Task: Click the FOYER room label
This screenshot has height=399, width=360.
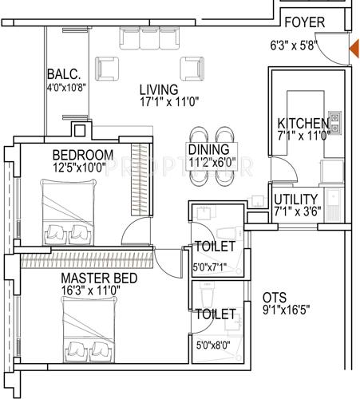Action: (304, 23)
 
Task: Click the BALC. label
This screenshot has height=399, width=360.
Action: (61, 73)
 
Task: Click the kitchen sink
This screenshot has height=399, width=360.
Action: (334, 124)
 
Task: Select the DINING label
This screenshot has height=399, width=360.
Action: (208, 149)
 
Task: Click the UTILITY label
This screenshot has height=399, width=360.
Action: (296, 199)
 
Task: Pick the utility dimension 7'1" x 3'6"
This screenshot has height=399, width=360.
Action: (296, 213)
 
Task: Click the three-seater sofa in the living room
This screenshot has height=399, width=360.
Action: (148, 37)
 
